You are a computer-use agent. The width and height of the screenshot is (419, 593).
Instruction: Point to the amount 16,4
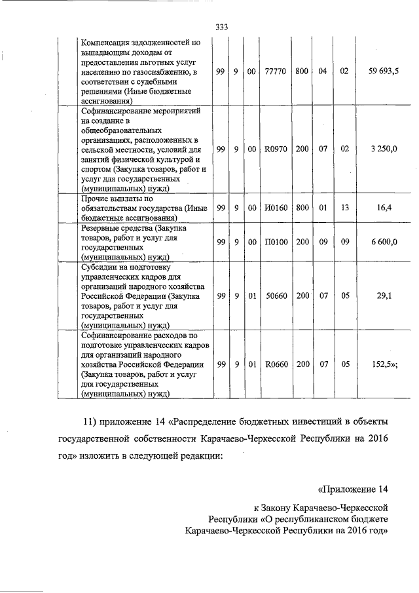pos(384,208)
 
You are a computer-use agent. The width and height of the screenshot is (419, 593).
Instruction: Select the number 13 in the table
pos(344,208)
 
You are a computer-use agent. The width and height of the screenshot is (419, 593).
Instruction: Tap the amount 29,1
pos(384,296)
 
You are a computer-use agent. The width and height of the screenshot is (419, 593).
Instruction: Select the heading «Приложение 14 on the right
pos(352,489)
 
